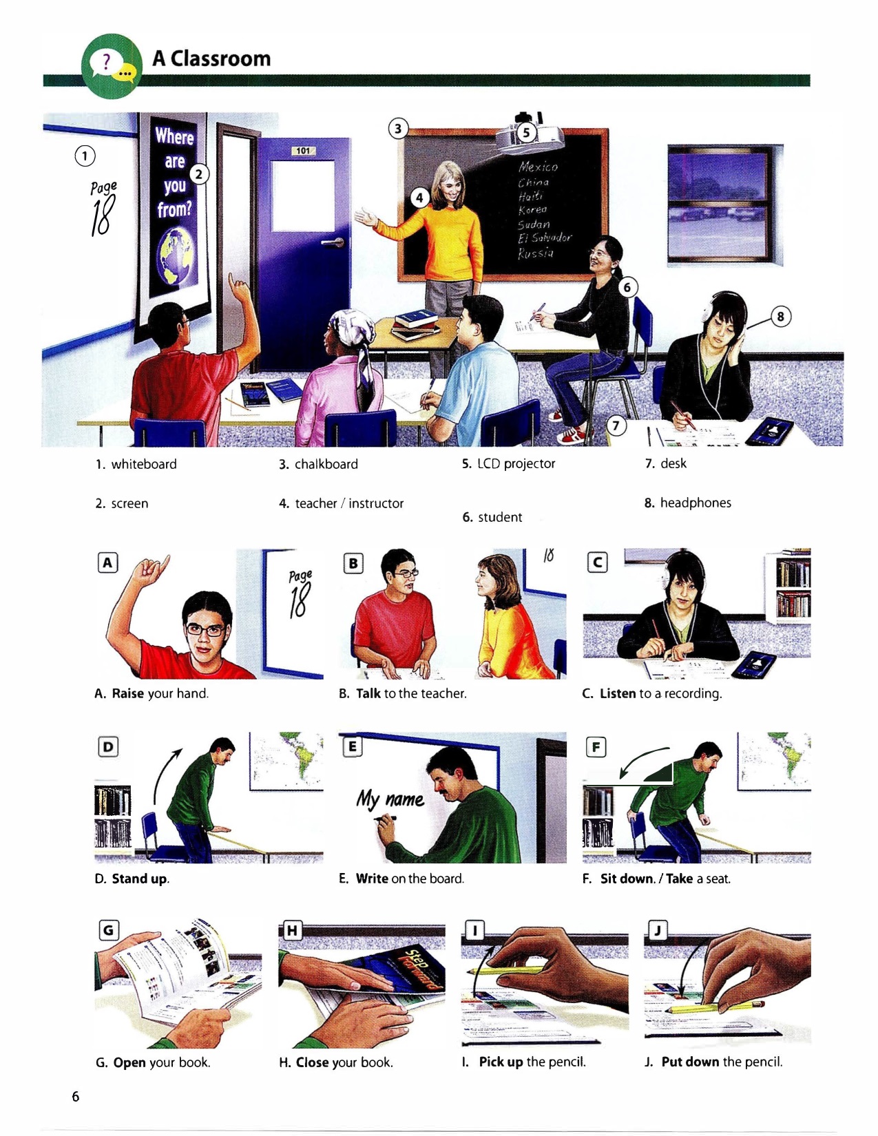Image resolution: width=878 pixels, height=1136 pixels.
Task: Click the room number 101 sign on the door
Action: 303,151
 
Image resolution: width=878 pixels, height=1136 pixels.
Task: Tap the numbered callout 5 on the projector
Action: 527,133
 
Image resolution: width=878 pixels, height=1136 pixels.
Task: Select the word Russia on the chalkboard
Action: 536,254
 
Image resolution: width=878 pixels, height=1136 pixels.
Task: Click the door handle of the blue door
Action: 333,242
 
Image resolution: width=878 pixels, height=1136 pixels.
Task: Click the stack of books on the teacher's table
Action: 416,325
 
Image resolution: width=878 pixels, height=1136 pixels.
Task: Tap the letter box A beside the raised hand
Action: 107,562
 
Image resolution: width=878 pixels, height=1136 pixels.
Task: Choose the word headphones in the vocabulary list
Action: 696,503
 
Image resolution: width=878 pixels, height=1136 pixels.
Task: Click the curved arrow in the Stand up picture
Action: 166,775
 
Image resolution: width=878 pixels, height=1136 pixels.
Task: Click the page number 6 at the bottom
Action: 76,1096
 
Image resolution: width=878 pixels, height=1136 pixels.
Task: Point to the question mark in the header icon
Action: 106,62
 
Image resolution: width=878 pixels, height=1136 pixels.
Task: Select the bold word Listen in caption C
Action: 618,693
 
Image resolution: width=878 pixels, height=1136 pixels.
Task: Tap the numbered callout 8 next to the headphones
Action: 780,316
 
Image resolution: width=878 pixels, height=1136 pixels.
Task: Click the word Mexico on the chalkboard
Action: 538,167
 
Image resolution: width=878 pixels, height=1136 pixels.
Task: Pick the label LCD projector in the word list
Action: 516,464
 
